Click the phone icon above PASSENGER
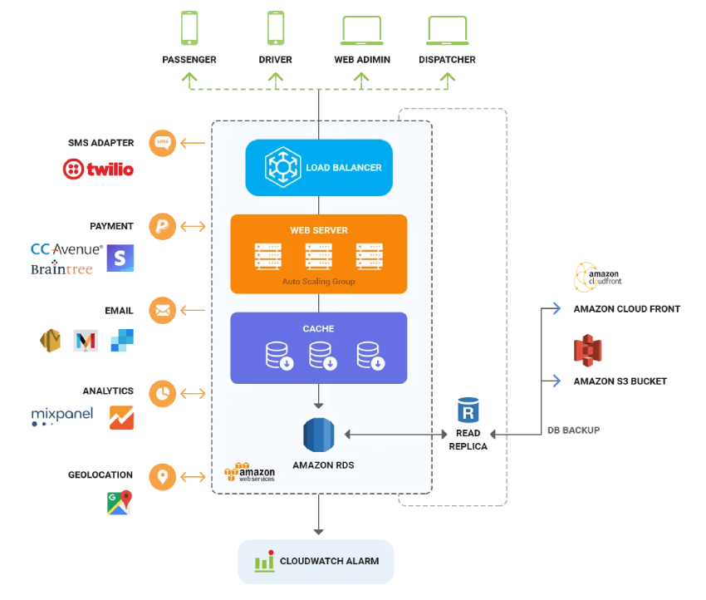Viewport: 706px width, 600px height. click(189, 28)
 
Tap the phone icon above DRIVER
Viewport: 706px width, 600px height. click(276, 28)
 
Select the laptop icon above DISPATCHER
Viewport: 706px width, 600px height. click(448, 31)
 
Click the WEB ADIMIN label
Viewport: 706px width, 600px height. click(362, 60)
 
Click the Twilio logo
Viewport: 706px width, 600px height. click(98, 169)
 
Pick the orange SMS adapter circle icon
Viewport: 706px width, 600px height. click(163, 143)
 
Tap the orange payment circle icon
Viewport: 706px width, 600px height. click(163, 226)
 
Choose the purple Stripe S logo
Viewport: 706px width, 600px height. click(120, 258)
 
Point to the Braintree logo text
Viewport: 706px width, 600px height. click(61, 268)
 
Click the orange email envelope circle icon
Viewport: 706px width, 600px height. click(163, 310)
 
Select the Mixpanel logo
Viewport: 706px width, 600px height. click(62, 416)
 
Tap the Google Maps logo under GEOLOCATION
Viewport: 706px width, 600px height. click(120, 503)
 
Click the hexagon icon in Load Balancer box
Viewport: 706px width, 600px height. click(282, 167)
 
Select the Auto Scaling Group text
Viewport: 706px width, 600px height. click(319, 282)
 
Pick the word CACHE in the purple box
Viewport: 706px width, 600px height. click(318, 329)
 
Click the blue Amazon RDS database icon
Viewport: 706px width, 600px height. click(319, 435)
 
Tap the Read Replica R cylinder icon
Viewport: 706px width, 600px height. click(468, 410)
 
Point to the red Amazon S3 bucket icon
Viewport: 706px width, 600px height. click(588, 351)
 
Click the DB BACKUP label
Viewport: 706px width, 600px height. click(574, 430)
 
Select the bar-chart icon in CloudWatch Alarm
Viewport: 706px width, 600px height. click(265, 561)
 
